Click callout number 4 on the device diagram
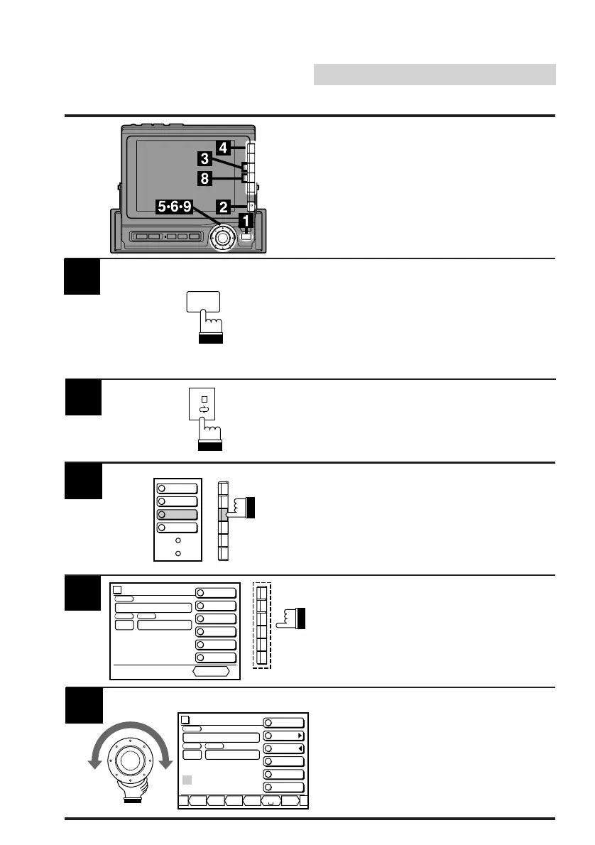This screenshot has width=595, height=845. tap(223, 148)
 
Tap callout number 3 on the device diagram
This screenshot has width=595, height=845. tap(204, 160)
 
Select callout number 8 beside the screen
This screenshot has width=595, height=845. tap(204, 179)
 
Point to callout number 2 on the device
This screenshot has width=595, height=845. tap(223, 207)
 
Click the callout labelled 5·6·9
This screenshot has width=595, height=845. tap(175, 207)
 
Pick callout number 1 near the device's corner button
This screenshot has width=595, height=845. tap(246, 222)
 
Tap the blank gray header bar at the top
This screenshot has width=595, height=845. tap(435, 75)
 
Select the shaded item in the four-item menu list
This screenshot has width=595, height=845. tap(178, 514)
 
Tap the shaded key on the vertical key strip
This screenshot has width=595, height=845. tap(224, 514)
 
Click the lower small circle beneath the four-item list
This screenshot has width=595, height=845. tap(178, 553)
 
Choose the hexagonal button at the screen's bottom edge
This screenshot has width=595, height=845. tap(212, 670)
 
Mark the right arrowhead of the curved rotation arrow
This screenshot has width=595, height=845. tap(166, 763)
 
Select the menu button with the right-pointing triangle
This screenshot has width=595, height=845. tap(284, 736)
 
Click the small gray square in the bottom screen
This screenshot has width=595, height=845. tap(187, 780)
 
